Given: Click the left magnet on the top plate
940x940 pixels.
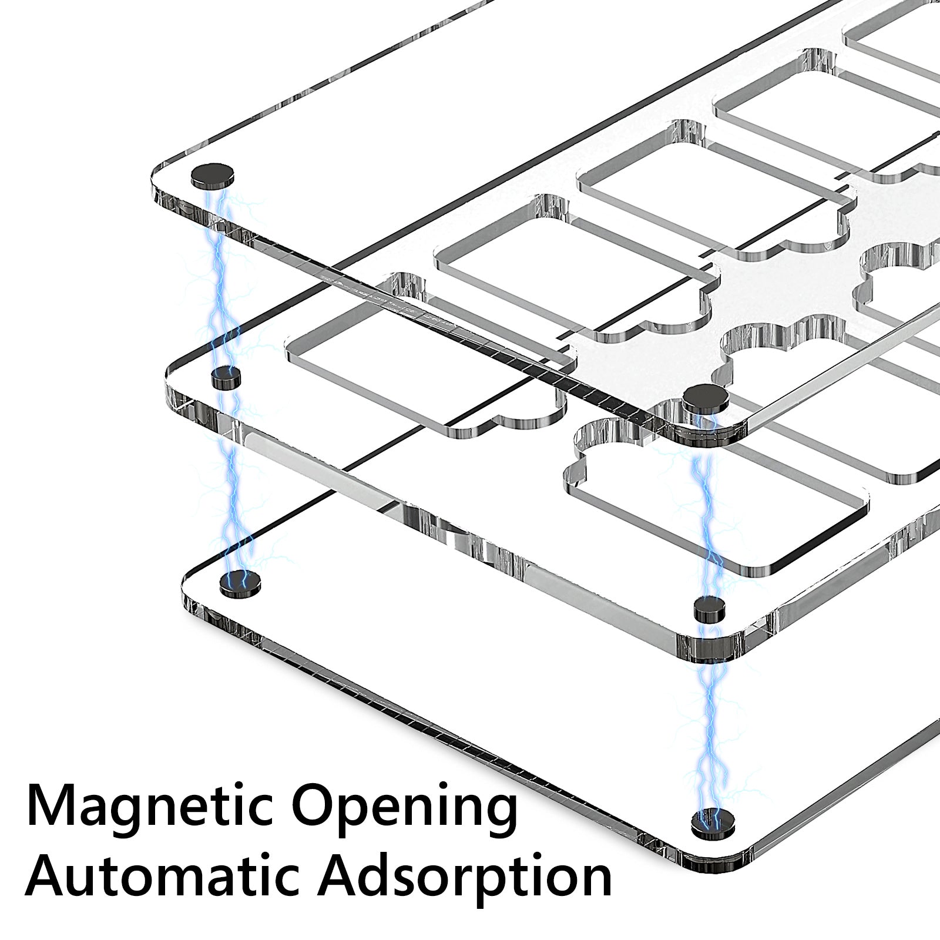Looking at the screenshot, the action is (x=212, y=176).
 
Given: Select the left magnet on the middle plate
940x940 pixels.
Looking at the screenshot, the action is (x=225, y=377).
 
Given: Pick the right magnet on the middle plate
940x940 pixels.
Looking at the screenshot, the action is (x=710, y=610).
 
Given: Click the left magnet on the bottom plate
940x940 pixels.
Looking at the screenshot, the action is (x=239, y=582).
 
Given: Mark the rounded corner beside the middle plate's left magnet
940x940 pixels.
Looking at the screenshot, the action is (x=179, y=376).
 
